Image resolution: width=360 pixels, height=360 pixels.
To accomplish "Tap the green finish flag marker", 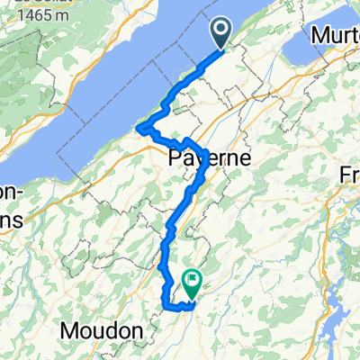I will (192, 283).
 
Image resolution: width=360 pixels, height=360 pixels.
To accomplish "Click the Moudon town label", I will (102, 331).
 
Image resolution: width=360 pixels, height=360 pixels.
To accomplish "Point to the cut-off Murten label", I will (334, 35).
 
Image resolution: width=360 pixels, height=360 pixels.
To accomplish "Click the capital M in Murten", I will (317, 35).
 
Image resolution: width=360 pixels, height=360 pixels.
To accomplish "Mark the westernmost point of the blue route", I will (138, 130).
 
